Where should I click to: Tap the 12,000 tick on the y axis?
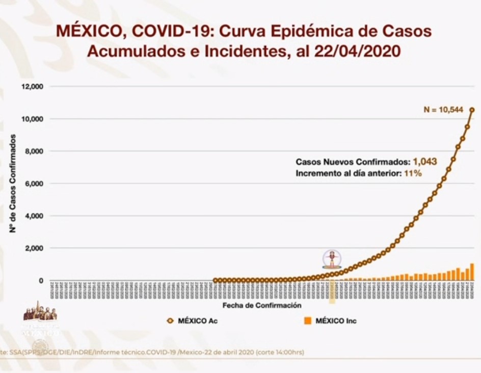[x=32, y=87]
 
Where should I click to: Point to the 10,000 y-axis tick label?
[x=32, y=119]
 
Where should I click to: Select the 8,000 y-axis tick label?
[x=34, y=152]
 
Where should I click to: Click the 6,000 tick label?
[x=34, y=184]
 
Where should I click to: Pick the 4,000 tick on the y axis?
[x=34, y=216]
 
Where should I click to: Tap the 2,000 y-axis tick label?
[x=34, y=248]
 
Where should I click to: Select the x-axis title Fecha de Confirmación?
[x=261, y=305]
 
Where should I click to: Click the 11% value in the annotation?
[x=413, y=173]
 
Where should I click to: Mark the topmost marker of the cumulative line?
[x=472, y=110]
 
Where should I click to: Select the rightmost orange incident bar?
[x=472, y=272]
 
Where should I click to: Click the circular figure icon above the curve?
[x=332, y=259]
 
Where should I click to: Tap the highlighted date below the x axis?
[x=332, y=291]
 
